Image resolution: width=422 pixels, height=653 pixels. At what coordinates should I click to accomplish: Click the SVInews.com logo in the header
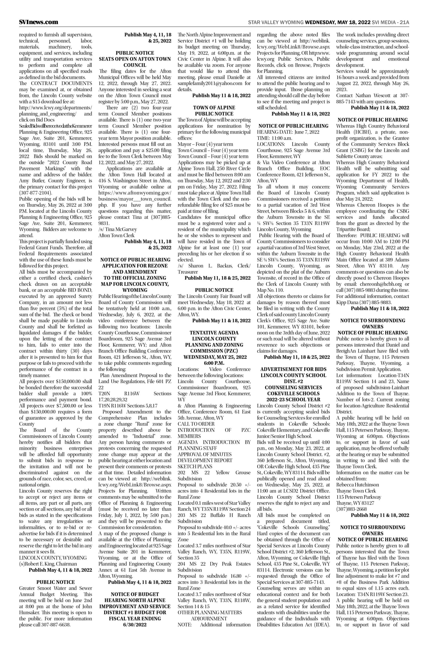coord(39,22)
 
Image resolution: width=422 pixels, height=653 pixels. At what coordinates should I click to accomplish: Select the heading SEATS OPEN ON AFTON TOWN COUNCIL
coord(135,62)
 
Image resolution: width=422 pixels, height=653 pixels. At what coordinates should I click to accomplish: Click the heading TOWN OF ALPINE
coord(214,108)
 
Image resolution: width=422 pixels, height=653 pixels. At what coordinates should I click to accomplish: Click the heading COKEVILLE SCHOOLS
coord(293,394)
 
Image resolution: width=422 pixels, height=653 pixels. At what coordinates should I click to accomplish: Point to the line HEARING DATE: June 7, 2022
coord(288,132)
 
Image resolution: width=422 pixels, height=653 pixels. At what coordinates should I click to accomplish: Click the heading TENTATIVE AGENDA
coord(214,333)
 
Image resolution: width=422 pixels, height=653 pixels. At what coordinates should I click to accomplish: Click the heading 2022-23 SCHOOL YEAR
coord(293,400)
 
